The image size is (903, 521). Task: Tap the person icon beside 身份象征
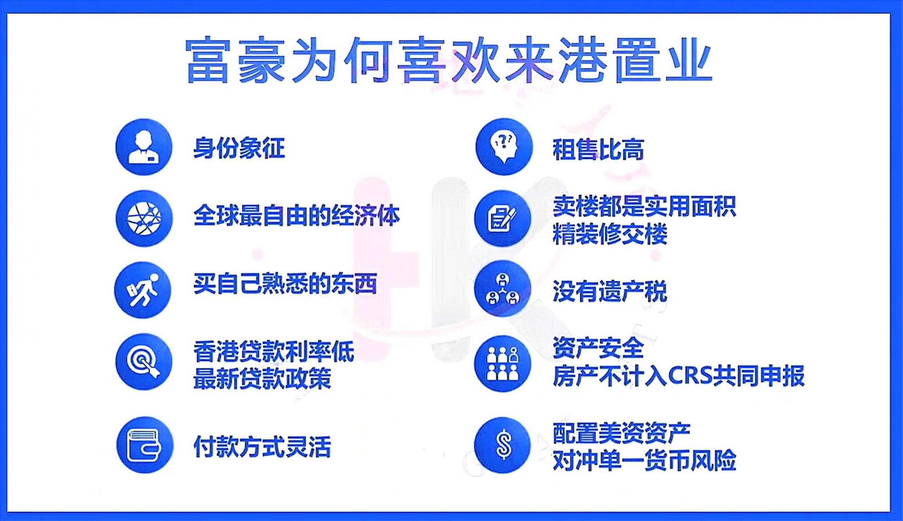pyautogui.click(x=144, y=147)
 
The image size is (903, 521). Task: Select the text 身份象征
pyautogui.click(x=239, y=148)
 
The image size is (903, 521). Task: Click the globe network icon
pyautogui.click(x=144, y=218)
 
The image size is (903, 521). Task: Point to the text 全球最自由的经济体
pyautogui.click(x=297, y=216)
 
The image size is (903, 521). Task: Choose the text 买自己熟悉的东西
pyautogui.click(x=285, y=284)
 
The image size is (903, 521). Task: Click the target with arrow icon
pyautogui.click(x=144, y=362)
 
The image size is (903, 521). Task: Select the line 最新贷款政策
pyautogui.click(x=262, y=378)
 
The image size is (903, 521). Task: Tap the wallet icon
pyautogui.click(x=145, y=445)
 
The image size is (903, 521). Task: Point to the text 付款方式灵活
pyautogui.click(x=262, y=446)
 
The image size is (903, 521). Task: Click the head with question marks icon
pyautogui.click(x=504, y=147)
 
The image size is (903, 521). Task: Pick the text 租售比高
pyautogui.click(x=599, y=149)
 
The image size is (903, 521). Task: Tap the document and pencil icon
pyautogui.click(x=503, y=218)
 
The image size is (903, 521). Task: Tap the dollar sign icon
pyautogui.click(x=503, y=445)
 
